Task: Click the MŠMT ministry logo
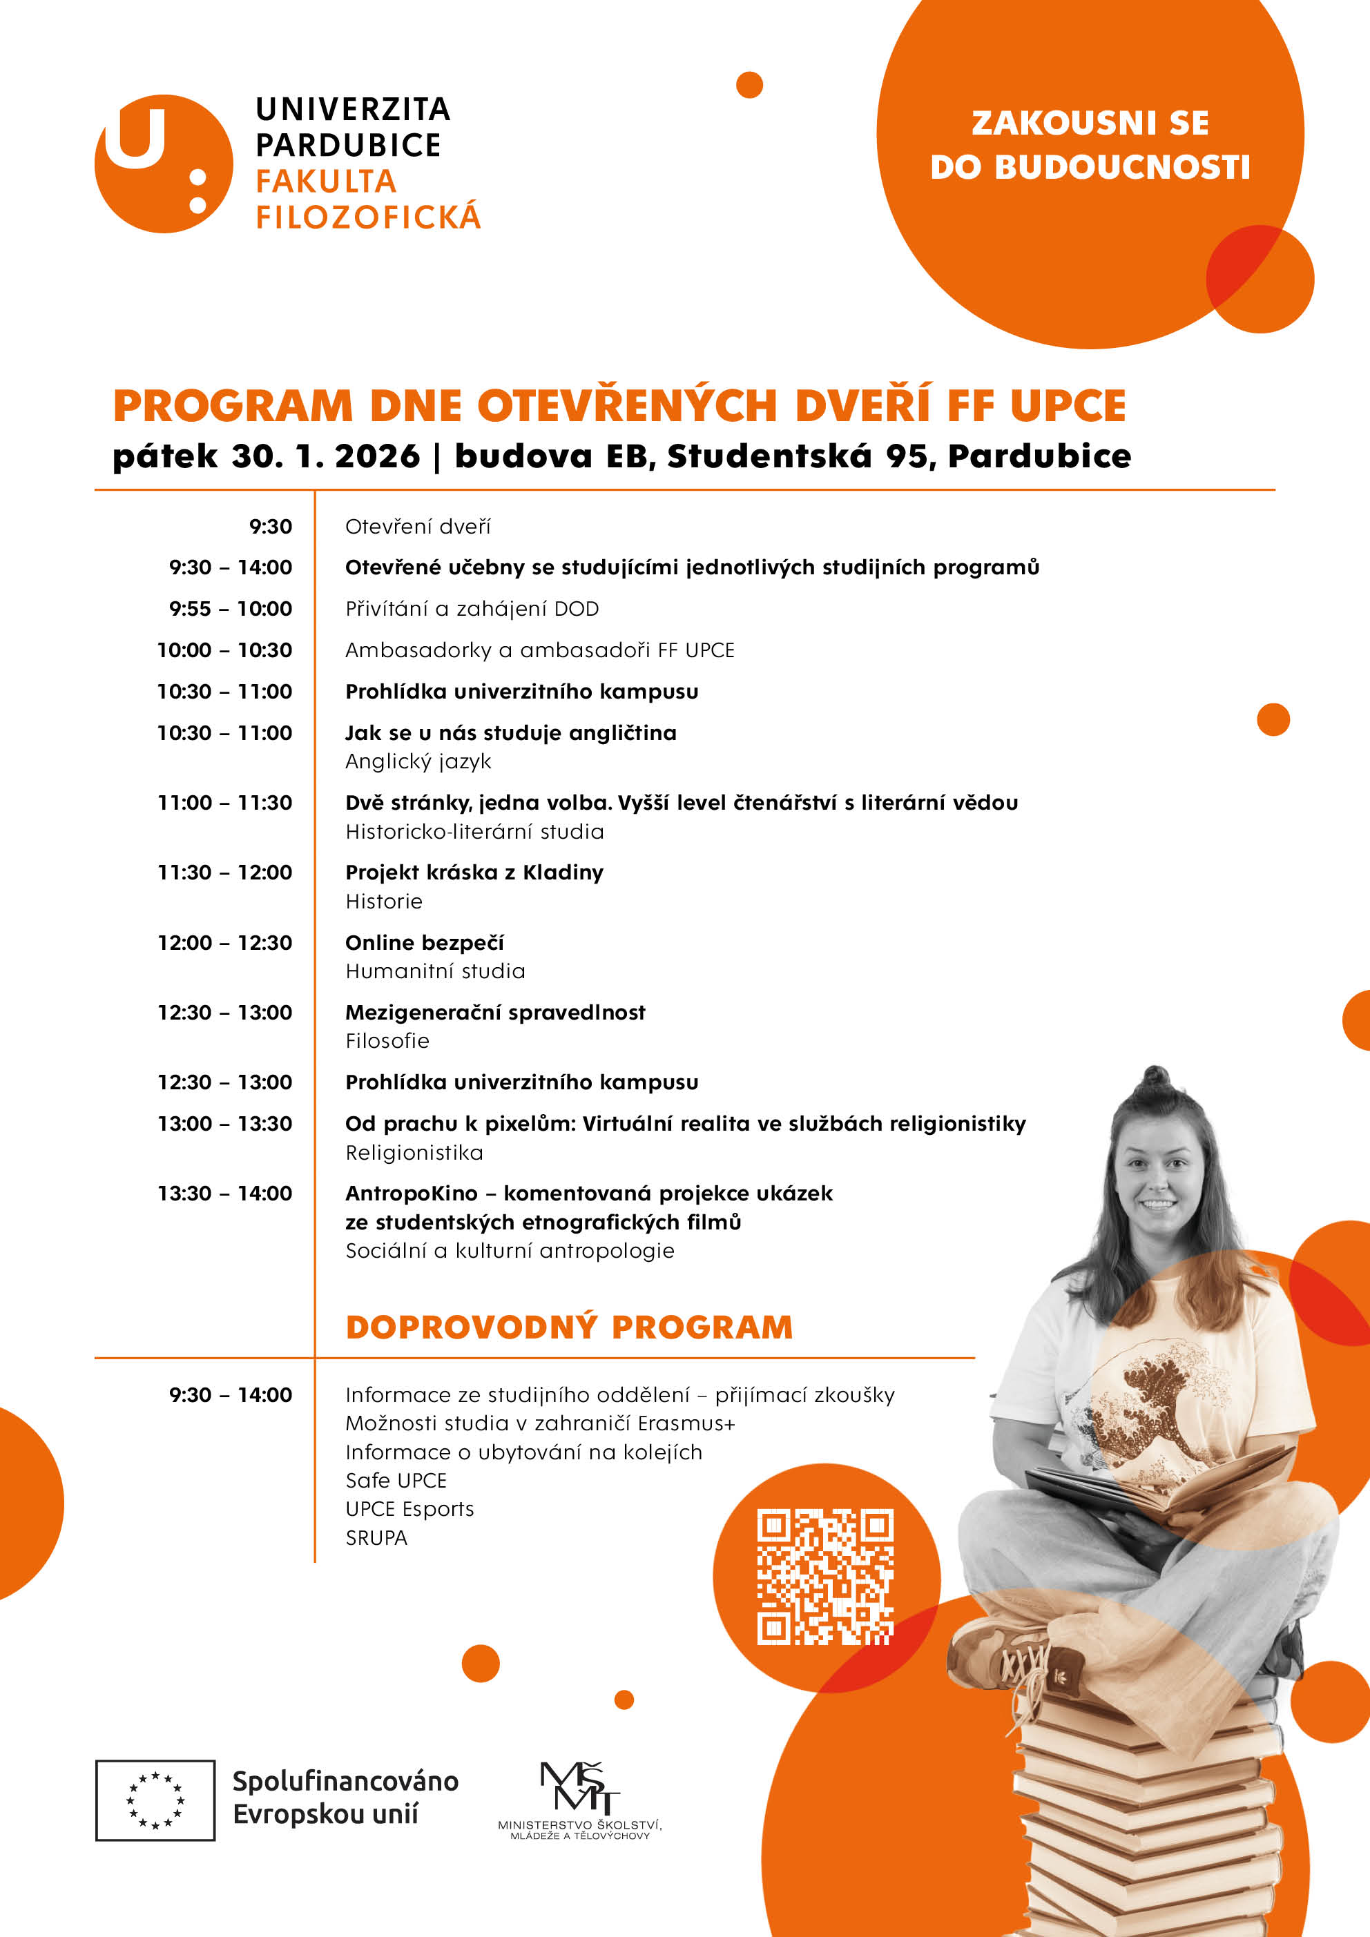[x=580, y=1799]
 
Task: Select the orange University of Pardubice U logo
[x=163, y=164]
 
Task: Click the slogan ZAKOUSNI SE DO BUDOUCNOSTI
[x=1090, y=145]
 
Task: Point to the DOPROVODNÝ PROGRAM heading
[x=569, y=1327]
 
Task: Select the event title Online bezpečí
[x=425, y=942]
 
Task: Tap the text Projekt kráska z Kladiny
[x=474, y=873]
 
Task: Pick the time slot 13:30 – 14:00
[x=224, y=1194]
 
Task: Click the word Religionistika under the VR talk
[x=414, y=1152]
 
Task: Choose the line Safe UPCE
[x=396, y=1481]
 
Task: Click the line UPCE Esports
[x=409, y=1509]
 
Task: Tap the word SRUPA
[x=376, y=1538]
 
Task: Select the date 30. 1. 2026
[x=325, y=456]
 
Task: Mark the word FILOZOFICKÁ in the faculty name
[x=368, y=217]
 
